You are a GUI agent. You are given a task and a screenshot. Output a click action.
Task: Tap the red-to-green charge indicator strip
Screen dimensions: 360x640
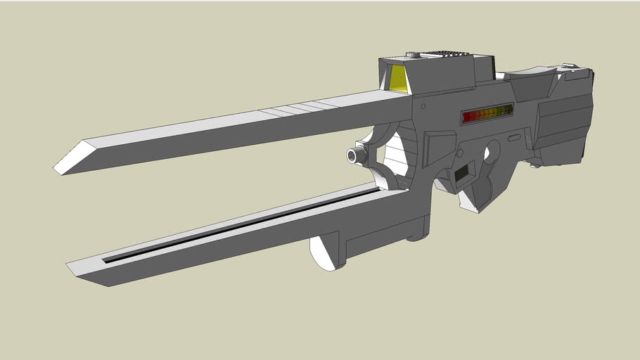pos(487,114)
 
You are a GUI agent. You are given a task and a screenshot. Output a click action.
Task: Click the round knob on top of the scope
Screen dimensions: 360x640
pos(412,55)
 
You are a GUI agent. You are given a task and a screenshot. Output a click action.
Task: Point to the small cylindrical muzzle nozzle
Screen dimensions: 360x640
pos(356,154)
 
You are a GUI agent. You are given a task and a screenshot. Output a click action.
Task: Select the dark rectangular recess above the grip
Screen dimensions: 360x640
pos(464,173)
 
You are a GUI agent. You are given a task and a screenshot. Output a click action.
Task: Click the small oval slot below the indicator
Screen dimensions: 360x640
pos(515,137)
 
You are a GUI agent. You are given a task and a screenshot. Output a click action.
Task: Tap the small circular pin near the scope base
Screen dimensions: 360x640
pos(423,105)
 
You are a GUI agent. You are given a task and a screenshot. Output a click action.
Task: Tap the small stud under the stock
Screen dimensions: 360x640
pos(537,166)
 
